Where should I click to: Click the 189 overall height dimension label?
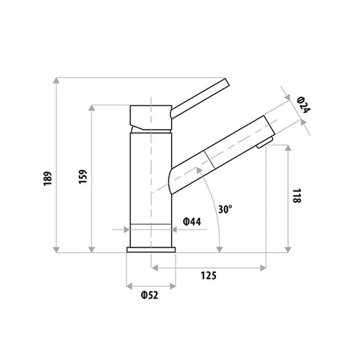(x=47, y=178)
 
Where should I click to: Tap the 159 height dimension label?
(x=82, y=177)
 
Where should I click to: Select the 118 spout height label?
(x=297, y=196)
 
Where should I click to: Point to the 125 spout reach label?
(x=208, y=275)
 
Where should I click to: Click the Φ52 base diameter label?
(x=149, y=295)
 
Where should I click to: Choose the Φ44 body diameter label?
(x=192, y=221)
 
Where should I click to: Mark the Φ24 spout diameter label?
(x=304, y=104)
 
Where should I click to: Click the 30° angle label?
(x=225, y=209)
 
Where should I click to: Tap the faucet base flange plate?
(x=151, y=250)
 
